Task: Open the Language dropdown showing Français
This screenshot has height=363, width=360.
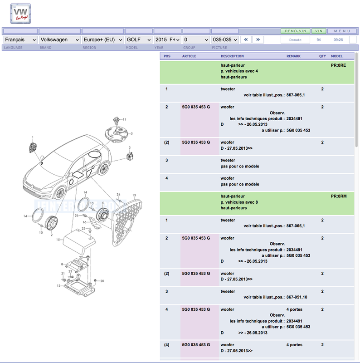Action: click(x=20, y=39)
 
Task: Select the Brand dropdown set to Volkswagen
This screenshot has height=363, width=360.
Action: click(x=59, y=39)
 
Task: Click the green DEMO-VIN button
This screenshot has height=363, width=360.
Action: click(x=295, y=31)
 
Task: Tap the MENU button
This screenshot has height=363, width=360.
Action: click(x=342, y=31)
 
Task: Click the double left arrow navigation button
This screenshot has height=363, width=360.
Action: click(x=246, y=39)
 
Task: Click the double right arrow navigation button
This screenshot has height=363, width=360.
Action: click(x=258, y=39)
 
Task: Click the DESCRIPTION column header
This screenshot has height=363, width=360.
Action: click(x=232, y=56)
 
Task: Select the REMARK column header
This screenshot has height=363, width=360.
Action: click(x=293, y=56)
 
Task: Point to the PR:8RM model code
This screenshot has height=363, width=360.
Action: click(x=338, y=196)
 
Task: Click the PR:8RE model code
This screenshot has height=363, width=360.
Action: click(x=338, y=65)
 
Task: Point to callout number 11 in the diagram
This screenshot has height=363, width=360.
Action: click(x=124, y=119)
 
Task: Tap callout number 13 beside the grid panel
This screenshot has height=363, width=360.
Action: click(x=134, y=195)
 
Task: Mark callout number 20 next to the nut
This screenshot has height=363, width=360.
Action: click(x=102, y=281)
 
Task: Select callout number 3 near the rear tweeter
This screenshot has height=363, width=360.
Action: click(x=129, y=148)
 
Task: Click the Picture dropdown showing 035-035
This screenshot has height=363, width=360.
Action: click(x=225, y=39)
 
